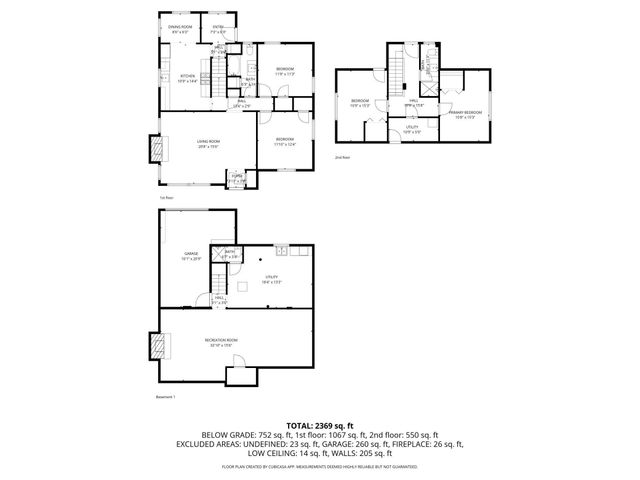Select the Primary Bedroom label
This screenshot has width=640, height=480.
465,112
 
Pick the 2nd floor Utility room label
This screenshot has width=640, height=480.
412,129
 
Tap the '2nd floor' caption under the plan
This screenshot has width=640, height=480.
342,157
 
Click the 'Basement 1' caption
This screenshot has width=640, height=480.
166,397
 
